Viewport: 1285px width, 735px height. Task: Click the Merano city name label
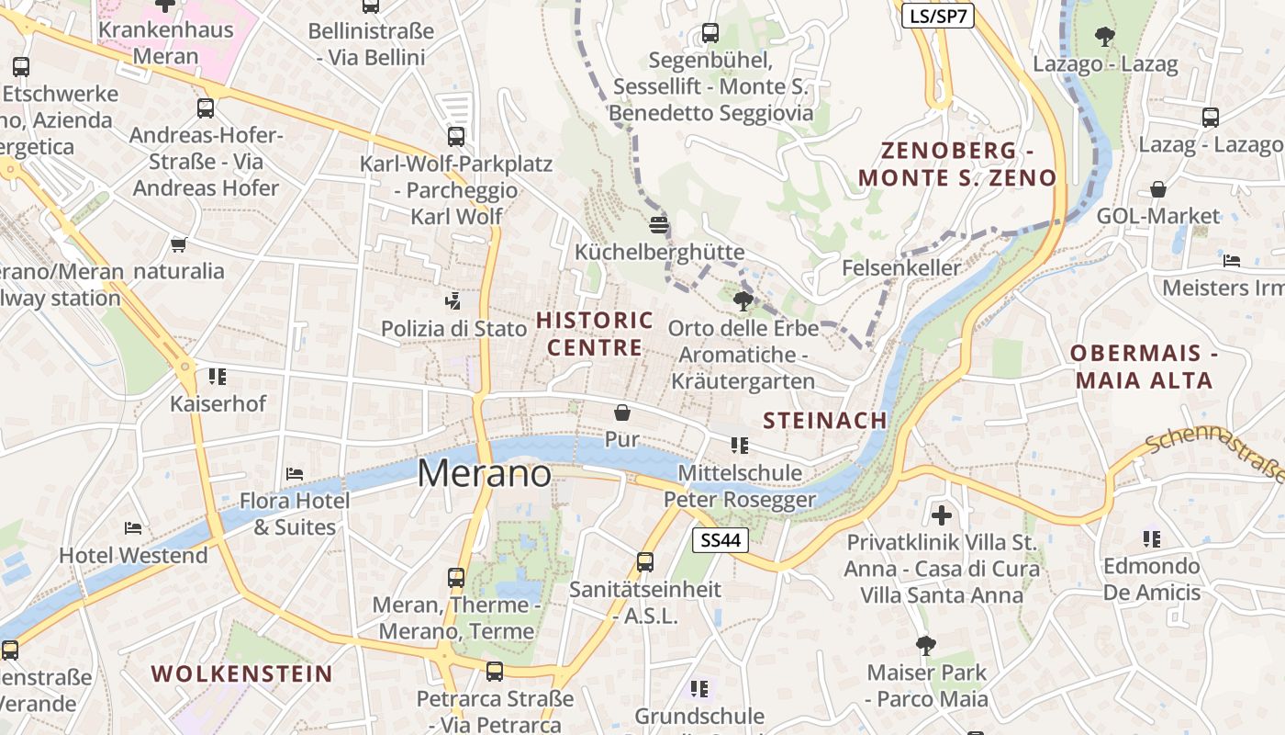point(485,473)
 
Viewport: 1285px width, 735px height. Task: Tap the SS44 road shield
point(721,540)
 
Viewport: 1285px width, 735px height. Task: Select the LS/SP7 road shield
point(937,16)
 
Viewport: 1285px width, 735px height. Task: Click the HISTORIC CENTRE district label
point(595,334)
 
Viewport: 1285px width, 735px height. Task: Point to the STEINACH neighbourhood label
point(825,420)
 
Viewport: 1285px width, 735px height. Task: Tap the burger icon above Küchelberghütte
point(659,224)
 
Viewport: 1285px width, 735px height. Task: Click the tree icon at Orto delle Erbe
point(743,300)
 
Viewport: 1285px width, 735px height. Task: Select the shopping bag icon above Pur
point(622,413)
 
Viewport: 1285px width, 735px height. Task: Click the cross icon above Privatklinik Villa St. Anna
point(942,514)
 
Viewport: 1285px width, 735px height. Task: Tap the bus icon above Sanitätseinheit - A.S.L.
point(645,561)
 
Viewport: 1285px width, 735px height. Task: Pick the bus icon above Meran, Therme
point(456,577)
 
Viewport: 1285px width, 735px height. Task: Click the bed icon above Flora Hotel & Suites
point(295,473)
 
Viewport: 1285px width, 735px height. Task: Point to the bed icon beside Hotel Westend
point(133,527)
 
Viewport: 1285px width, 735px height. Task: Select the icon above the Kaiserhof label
point(218,376)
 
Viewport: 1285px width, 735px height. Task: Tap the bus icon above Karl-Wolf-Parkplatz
point(456,136)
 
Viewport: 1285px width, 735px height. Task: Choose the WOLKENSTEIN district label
point(242,673)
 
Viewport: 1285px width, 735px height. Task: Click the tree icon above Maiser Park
point(926,644)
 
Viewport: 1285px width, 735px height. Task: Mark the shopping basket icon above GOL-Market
point(1158,189)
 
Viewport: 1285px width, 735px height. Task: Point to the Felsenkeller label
point(901,268)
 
